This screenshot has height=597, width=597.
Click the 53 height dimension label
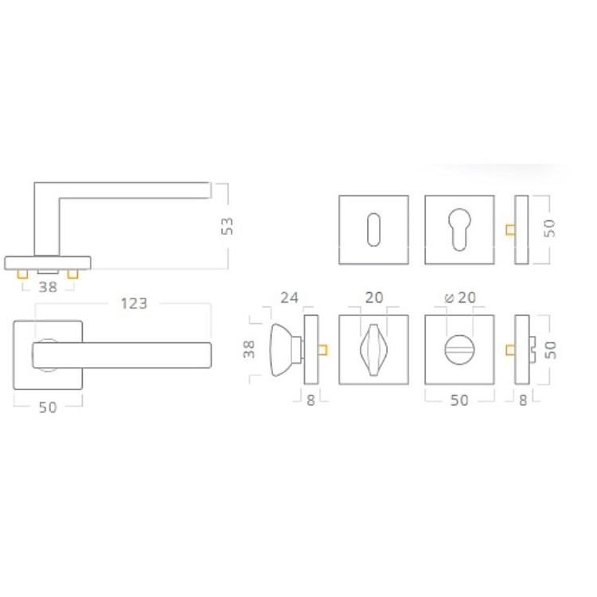[x=227, y=226]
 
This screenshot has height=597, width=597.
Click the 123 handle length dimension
[x=134, y=303]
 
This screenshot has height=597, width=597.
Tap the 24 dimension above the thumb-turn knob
[x=290, y=298]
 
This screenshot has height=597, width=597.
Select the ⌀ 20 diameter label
[x=460, y=298]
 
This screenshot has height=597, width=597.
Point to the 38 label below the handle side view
[x=48, y=287]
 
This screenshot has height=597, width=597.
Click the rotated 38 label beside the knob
[x=248, y=349]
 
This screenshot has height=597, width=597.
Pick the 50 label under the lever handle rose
[x=48, y=408]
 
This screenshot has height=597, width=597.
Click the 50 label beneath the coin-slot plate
[x=459, y=400]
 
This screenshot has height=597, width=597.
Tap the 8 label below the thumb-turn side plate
[x=310, y=400]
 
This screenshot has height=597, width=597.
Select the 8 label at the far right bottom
[x=523, y=400]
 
